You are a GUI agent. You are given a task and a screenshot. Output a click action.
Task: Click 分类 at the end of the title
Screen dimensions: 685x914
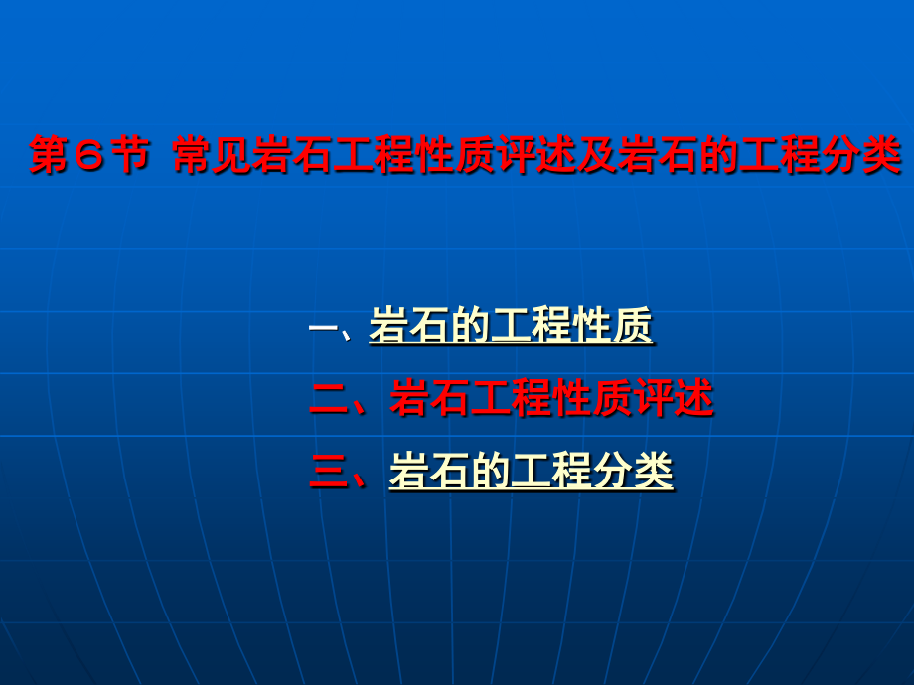[x=860, y=157]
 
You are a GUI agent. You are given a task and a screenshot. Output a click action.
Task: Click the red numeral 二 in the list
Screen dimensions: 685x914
[x=328, y=399]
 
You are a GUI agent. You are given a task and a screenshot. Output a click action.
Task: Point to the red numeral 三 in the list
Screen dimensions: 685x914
[x=328, y=471]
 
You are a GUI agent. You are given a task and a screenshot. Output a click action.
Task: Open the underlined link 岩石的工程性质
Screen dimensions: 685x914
[x=511, y=327]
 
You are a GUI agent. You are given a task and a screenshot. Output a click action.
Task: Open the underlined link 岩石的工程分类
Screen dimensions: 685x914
[x=531, y=471]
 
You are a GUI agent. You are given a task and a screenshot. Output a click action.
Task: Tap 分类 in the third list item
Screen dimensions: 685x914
[x=633, y=471]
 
